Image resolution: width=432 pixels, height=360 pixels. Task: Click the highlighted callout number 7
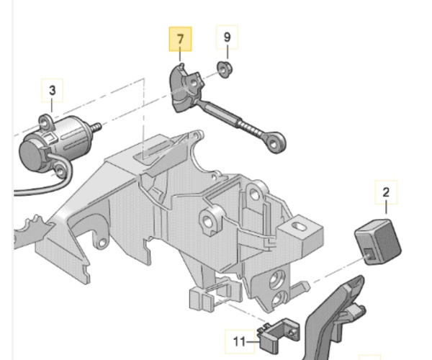coord(180,39)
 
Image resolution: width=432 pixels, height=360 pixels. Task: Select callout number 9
coord(227,37)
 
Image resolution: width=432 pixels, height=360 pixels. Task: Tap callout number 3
coord(52,90)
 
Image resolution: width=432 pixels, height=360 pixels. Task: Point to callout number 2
coord(386,192)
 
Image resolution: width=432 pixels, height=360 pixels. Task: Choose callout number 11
coord(239,342)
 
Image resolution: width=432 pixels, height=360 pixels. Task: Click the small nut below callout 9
coord(225,69)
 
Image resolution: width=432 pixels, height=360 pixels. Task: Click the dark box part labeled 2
coord(378,242)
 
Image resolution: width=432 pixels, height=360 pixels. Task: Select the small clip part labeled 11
coord(278,335)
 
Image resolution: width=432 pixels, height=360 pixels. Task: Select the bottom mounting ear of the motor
coord(60,171)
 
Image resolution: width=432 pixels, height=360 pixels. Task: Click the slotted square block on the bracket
coord(300,233)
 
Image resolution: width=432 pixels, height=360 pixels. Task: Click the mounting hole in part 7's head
coord(194,82)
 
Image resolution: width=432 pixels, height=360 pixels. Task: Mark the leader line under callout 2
coord(386,207)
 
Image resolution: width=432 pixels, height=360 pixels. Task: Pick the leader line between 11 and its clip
coord(253,342)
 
